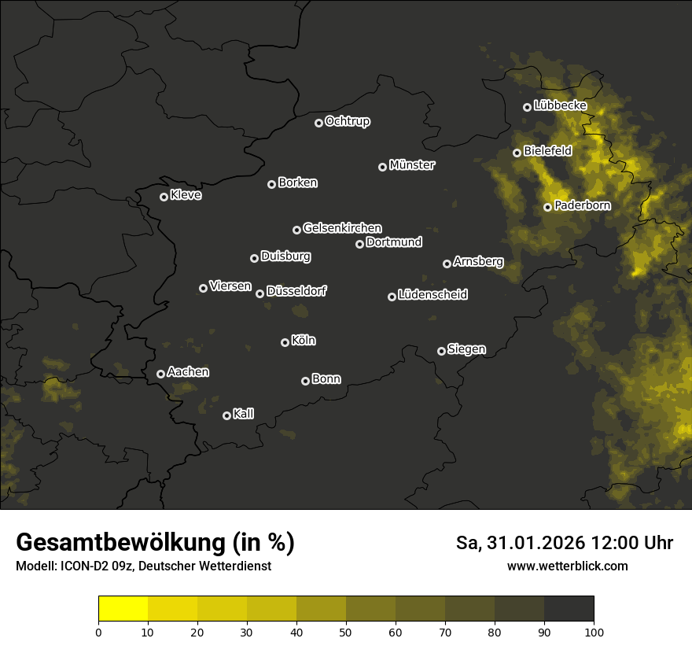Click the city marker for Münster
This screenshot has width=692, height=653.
pyautogui.click(x=383, y=167)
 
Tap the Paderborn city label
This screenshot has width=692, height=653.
pyautogui.click(x=583, y=206)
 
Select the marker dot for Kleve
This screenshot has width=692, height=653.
pyautogui.click(x=164, y=197)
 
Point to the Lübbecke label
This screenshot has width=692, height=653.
pyautogui.click(x=560, y=105)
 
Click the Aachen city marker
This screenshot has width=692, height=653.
pyautogui.click(x=161, y=374)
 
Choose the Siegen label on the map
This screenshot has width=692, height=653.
pyautogui.click(x=466, y=349)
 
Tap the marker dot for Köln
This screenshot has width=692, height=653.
pyautogui.click(x=285, y=342)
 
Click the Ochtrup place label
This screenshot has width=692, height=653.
pyautogui.click(x=348, y=121)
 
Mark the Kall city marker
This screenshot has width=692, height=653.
pyautogui.click(x=227, y=415)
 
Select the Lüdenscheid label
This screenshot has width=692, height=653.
pyautogui.click(x=432, y=294)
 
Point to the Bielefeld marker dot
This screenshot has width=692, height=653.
pyautogui.click(x=517, y=153)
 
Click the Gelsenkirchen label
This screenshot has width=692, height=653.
pyautogui.click(x=342, y=228)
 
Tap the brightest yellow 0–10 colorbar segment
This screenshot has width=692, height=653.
pyautogui.click(x=123, y=609)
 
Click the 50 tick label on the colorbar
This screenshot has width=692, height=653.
pyautogui.click(x=346, y=631)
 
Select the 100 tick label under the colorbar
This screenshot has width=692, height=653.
pyautogui.click(x=593, y=631)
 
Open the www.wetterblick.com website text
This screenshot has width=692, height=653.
pyautogui.click(x=567, y=566)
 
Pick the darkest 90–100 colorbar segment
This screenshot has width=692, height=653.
pyautogui.click(x=569, y=609)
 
